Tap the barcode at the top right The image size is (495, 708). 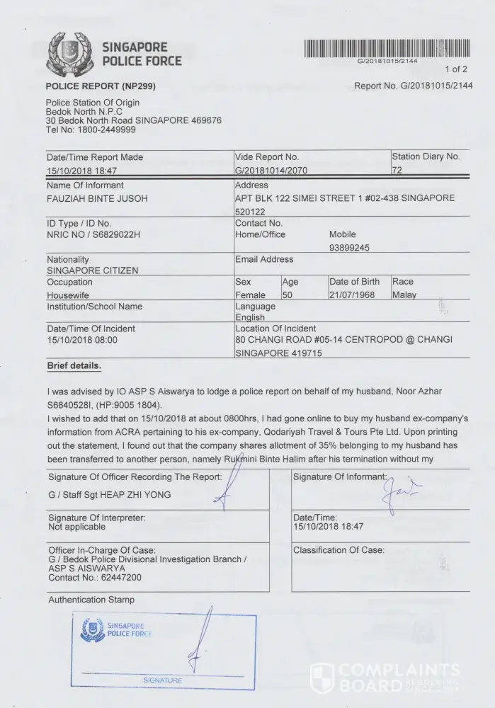pos(387,48)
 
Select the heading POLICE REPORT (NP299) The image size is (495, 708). pos(101,86)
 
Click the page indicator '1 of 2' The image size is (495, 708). pos(456,69)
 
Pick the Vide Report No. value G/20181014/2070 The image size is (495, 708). pos(271,171)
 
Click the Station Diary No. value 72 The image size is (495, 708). pos(397,171)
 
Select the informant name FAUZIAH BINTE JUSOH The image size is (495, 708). pos(97,199)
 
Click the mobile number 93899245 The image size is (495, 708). pos(349,248)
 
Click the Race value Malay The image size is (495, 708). pos(404,295)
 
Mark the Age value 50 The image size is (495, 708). pos(288,295)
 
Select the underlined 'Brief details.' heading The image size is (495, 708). pos(74,366)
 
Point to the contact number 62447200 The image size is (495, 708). pos(118,578)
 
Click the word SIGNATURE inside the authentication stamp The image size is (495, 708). pos(162,680)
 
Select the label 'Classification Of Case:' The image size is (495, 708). pos(338,550)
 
